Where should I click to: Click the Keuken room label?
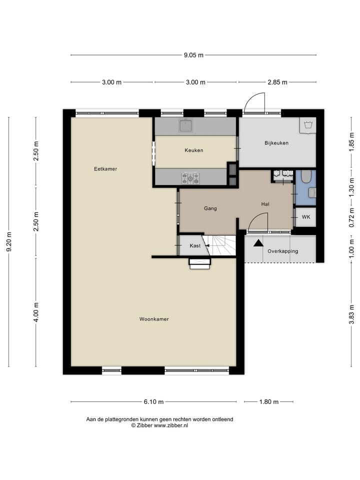[193, 150]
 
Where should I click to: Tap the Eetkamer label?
[105, 169]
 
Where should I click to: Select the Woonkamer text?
[154, 319]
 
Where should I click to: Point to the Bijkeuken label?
[276, 143]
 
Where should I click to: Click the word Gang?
[210, 208]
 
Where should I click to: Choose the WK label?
[305, 217]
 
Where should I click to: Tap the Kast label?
[195, 246]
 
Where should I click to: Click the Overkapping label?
[282, 251]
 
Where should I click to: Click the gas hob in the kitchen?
[190, 176]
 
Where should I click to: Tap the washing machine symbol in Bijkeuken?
[307, 125]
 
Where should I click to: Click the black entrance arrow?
[258, 243]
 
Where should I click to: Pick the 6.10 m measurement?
[153, 401]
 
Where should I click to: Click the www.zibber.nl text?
[171, 425]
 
